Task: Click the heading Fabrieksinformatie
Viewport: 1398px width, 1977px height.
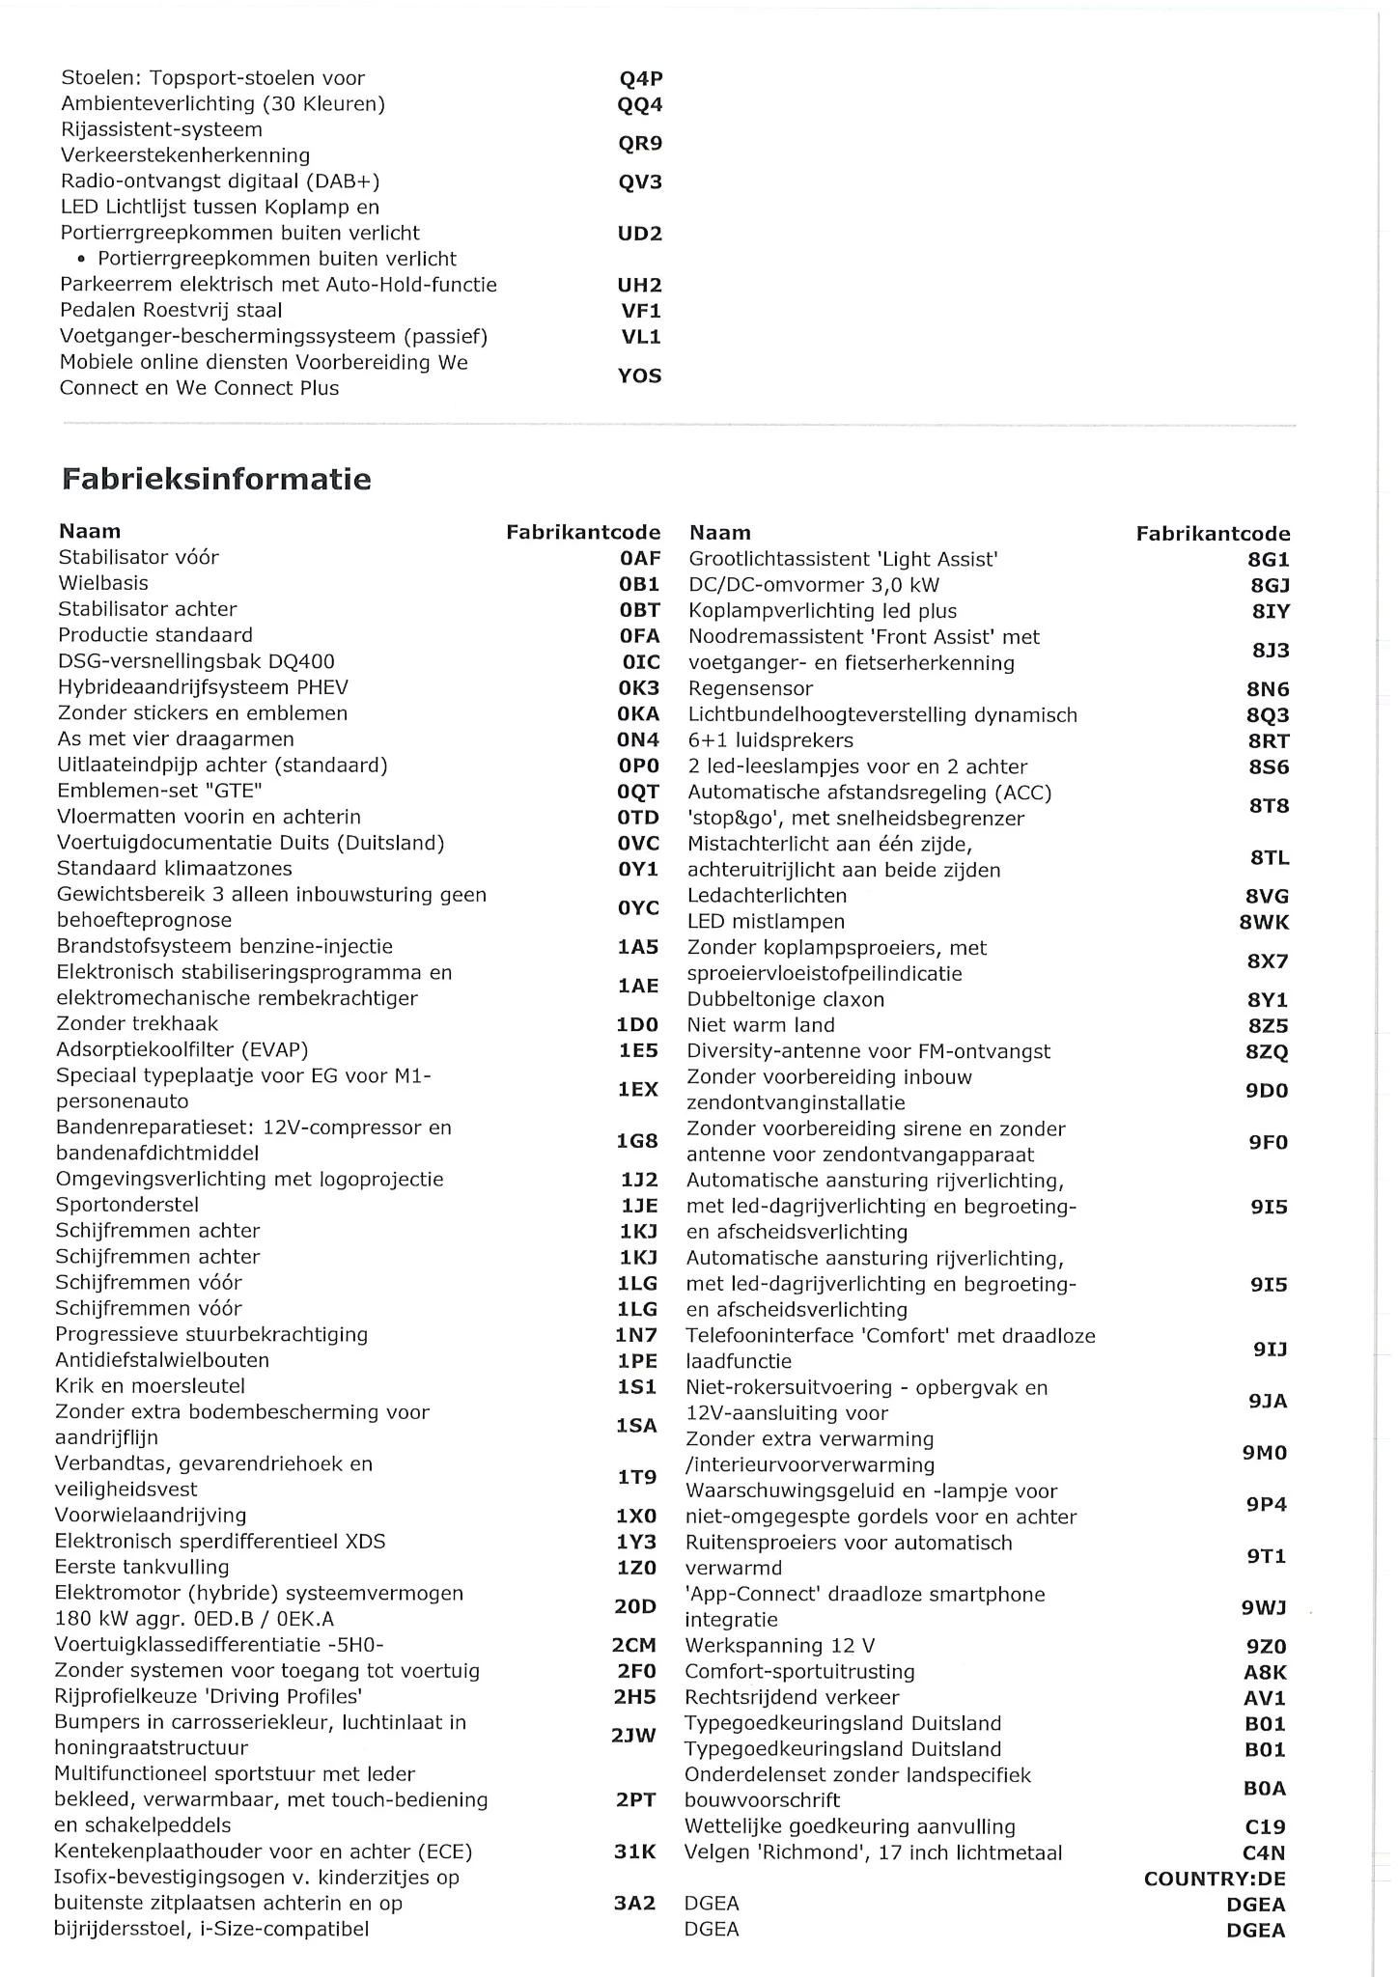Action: tap(216, 480)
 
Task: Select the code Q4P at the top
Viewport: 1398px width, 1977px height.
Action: tap(640, 79)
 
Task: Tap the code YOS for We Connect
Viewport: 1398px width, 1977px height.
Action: tap(640, 376)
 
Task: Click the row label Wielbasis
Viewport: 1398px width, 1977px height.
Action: tap(103, 583)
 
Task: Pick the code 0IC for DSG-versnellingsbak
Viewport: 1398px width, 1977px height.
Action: tap(641, 662)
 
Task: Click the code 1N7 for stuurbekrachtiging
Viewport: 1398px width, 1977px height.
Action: tap(637, 1335)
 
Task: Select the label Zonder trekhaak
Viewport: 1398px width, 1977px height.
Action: tap(137, 1024)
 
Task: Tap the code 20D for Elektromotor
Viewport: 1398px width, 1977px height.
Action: tap(635, 1606)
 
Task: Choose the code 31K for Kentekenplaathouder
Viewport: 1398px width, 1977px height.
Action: tap(635, 1852)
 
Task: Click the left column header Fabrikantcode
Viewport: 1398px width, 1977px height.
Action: tap(583, 532)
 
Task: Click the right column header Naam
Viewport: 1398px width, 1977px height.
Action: tap(720, 533)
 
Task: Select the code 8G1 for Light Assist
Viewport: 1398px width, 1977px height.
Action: tap(1269, 560)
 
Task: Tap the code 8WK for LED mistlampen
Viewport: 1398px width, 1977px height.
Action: tap(1264, 923)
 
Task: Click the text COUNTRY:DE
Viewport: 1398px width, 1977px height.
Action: tap(1215, 1879)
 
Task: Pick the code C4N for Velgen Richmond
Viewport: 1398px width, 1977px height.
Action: tap(1266, 1853)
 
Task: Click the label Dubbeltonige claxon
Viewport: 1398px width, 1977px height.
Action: tap(785, 999)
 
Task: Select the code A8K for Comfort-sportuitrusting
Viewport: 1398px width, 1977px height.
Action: tap(1266, 1672)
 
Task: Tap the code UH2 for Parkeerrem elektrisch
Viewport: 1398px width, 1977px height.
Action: tap(639, 286)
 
